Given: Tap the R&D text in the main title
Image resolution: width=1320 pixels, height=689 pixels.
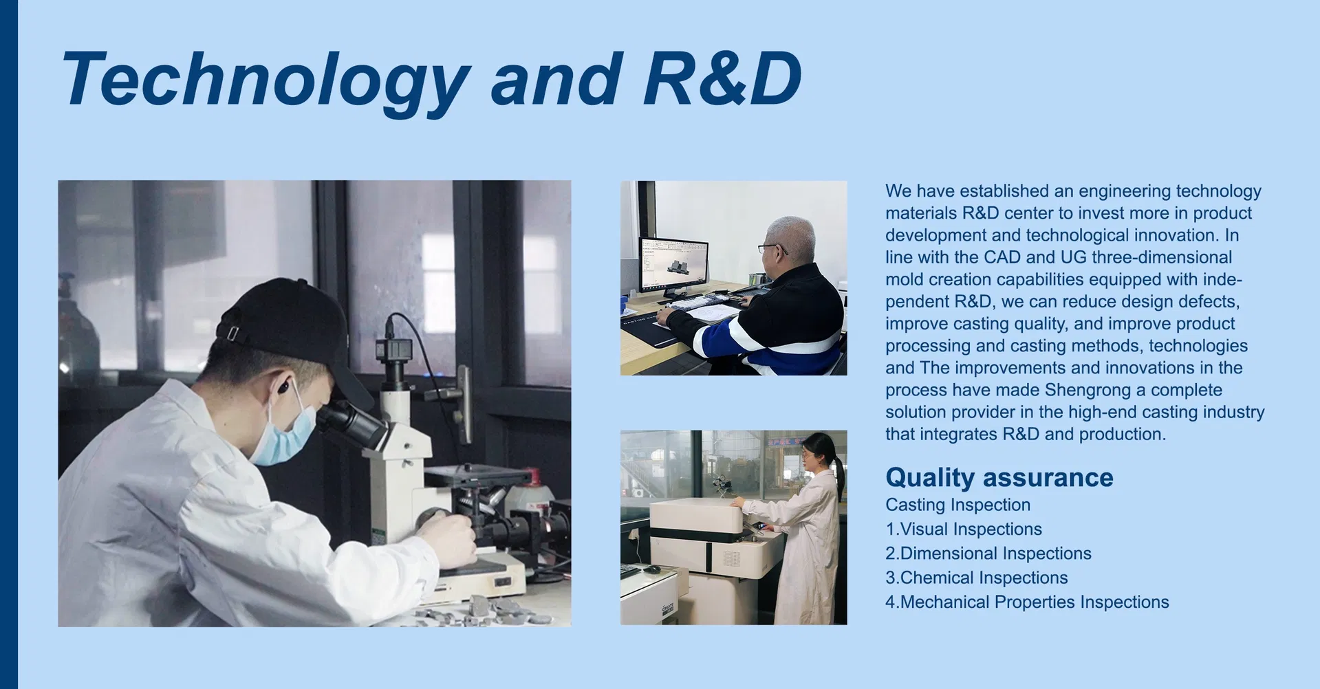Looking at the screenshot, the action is tap(722, 78).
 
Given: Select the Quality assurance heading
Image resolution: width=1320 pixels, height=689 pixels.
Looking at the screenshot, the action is tap(999, 477).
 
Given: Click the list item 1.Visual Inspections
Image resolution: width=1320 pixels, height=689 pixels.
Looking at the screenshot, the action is tap(964, 529).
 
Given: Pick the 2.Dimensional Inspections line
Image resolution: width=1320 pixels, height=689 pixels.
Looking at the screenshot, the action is tap(988, 553).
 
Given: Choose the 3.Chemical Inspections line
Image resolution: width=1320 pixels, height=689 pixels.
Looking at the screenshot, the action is tap(977, 578).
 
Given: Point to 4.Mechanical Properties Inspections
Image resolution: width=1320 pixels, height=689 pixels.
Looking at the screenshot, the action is tap(1027, 602).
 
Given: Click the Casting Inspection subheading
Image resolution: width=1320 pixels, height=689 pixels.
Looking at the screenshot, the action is tap(958, 505).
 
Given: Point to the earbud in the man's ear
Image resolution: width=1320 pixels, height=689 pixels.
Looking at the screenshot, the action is tap(282, 388).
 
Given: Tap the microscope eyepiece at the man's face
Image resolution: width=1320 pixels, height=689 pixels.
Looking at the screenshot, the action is tap(351, 424).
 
